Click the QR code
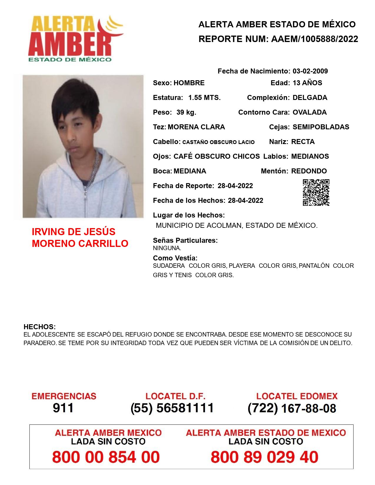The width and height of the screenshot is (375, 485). click(316, 193)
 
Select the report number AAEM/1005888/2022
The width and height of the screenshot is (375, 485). click(314, 39)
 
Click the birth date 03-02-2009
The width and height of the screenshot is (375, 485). click(310, 71)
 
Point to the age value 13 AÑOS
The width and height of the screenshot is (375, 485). click(307, 83)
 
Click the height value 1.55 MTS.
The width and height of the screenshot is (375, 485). click(204, 98)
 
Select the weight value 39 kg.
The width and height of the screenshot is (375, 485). click(186, 112)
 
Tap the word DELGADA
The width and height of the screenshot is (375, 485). click(310, 98)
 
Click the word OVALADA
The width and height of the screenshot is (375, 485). click(309, 112)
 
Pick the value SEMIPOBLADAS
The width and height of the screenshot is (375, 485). click(321, 127)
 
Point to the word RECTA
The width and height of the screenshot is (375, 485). click(303, 142)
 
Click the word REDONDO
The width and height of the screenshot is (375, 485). click(309, 171)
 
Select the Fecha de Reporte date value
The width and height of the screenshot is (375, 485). click(235, 186)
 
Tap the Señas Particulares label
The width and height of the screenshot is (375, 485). click(185, 240)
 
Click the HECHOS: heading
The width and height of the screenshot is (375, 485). click(39, 327)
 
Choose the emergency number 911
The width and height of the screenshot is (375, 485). click(63, 408)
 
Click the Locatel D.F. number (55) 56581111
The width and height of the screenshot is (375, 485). click(172, 408)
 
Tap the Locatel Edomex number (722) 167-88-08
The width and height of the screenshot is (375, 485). click(292, 408)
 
